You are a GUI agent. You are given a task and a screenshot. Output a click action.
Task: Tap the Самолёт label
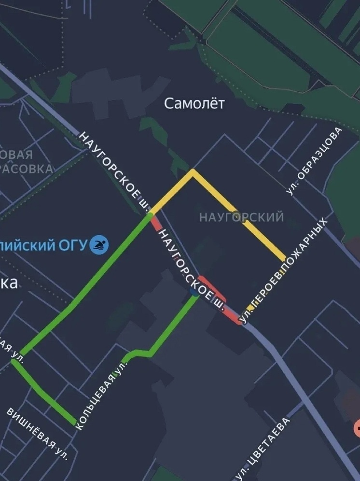[x=194, y=103]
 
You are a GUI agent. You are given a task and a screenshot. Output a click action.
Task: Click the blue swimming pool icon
[x=99, y=245]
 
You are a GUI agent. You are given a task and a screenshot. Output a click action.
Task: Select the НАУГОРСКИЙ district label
[x=241, y=217]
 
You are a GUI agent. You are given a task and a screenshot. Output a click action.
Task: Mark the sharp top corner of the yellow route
[x=193, y=170]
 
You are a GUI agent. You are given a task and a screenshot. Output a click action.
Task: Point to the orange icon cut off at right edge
[x=357, y=427]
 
